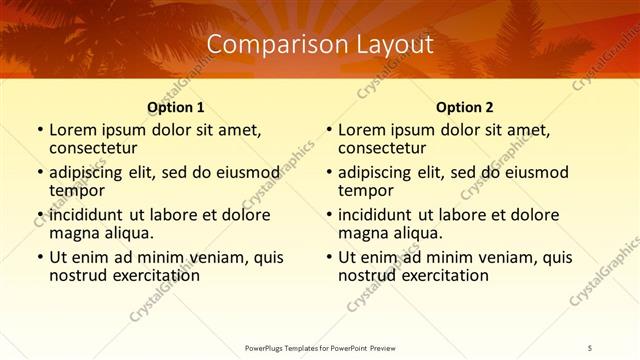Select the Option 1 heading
click(x=176, y=107)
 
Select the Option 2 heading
click(x=465, y=107)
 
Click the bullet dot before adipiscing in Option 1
click(x=39, y=172)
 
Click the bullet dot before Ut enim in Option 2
click(x=328, y=257)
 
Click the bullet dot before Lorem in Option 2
click(x=328, y=130)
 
